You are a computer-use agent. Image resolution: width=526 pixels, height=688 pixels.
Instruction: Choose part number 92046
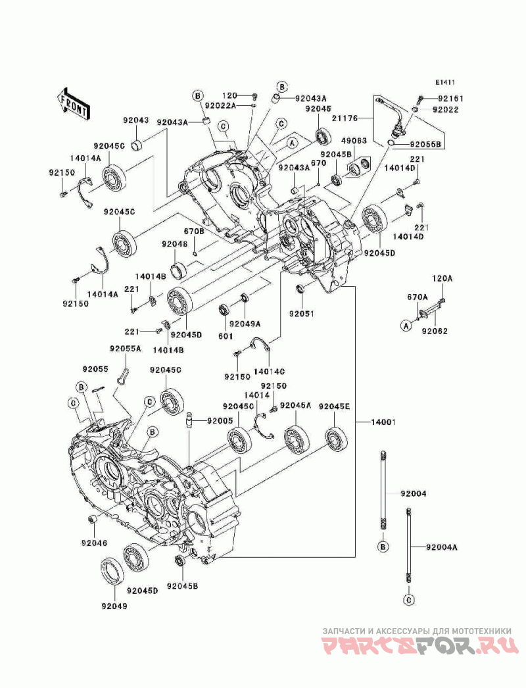point(94,543)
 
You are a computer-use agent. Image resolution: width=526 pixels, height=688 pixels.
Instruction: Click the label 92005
point(219,420)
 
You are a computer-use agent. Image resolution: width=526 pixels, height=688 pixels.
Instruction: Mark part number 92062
point(435,331)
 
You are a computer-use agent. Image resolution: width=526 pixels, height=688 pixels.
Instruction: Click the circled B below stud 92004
point(383,547)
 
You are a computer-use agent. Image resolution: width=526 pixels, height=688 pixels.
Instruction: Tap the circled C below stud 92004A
point(408,599)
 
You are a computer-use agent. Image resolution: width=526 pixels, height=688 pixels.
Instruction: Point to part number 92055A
point(125,349)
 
